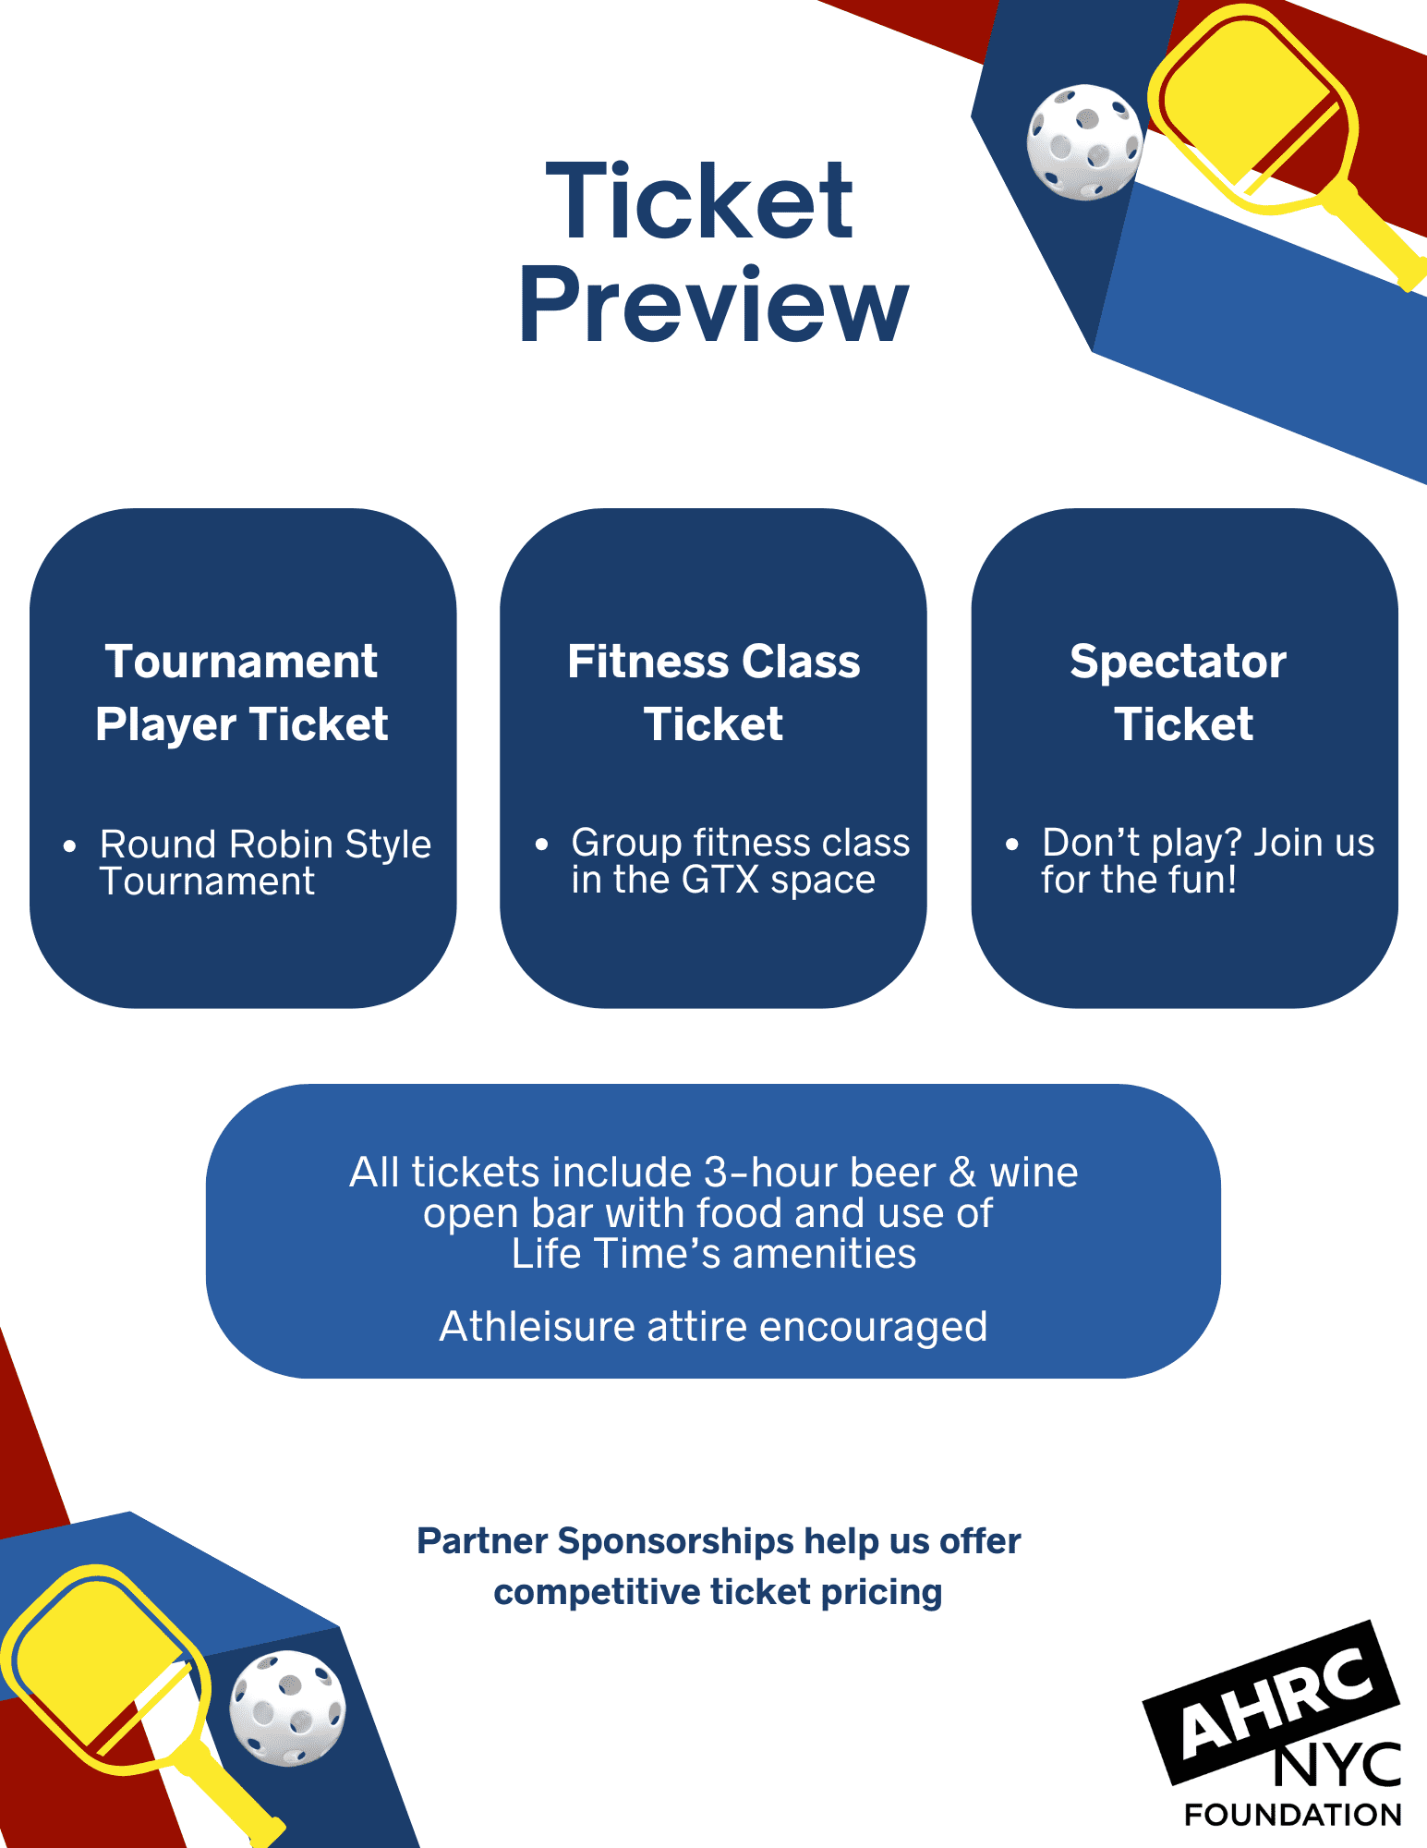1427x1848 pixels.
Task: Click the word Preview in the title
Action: click(713, 306)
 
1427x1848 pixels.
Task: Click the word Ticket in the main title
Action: click(699, 201)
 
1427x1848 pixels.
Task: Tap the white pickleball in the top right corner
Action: click(1084, 142)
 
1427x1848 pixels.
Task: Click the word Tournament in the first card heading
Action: click(241, 662)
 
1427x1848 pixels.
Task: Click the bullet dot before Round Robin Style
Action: click(69, 845)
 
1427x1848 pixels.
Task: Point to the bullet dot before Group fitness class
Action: click(541, 844)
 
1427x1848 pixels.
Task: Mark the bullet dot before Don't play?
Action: click(1012, 844)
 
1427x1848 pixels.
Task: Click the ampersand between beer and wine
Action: click(962, 1173)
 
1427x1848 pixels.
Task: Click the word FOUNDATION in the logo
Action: click(1293, 1815)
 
